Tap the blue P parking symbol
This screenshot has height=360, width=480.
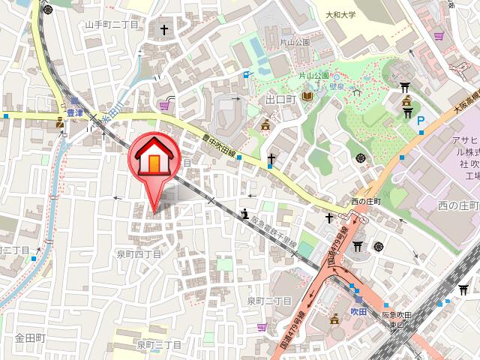(421, 120)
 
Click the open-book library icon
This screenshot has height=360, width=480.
(308, 97)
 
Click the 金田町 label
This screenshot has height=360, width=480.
(30, 339)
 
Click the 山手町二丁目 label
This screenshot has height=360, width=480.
(112, 25)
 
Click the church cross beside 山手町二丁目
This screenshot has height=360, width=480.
(164, 30)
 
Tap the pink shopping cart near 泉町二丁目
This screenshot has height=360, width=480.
(261, 327)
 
